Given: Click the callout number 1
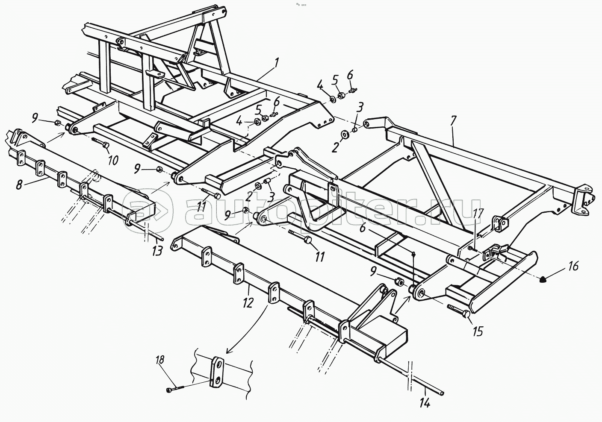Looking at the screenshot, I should coord(277,64).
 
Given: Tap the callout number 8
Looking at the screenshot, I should coord(19,185).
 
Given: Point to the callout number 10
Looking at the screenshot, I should coord(112,161).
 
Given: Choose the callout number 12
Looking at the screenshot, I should coord(248,302).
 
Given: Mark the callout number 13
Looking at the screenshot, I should coord(157,252).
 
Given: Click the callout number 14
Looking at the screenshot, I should coord(425,402).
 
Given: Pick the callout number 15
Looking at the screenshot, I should coord(478,331).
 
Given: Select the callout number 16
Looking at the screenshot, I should coord(573,267).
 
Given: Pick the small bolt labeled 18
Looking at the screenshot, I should coord(174,390).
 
